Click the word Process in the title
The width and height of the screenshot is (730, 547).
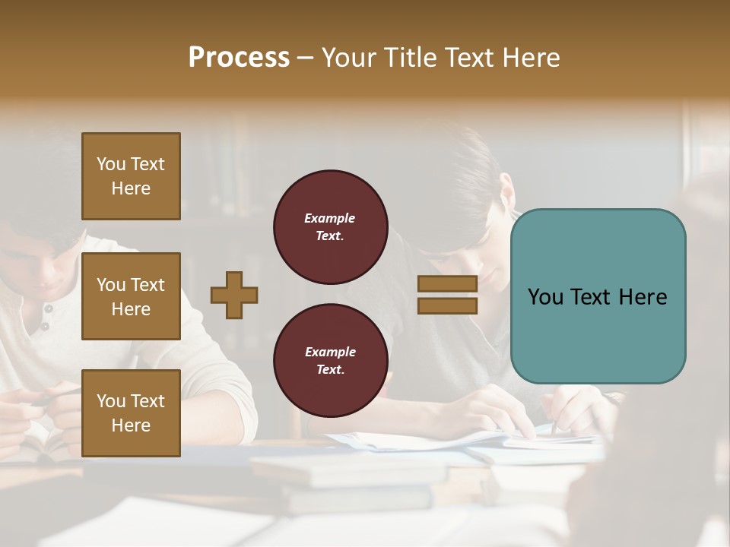pos(239,58)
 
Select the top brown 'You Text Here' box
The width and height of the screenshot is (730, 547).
pos(131,176)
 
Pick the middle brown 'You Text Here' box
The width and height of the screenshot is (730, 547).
pos(131,296)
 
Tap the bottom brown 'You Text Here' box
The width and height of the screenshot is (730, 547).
pos(131,413)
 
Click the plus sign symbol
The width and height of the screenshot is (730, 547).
pos(234,295)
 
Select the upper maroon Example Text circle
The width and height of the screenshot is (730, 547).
pos(330,227)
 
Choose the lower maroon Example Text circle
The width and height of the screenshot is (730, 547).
pos(330,360)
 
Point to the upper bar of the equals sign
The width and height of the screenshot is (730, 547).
pos(447,284)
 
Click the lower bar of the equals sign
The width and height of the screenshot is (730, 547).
pos(447,305)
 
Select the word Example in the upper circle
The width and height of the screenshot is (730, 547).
pos(330,218)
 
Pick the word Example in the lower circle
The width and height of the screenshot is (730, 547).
pos(330,352)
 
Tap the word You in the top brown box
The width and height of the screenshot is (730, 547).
pos(111,164)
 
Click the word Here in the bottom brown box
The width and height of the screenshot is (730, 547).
pos(131,425)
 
